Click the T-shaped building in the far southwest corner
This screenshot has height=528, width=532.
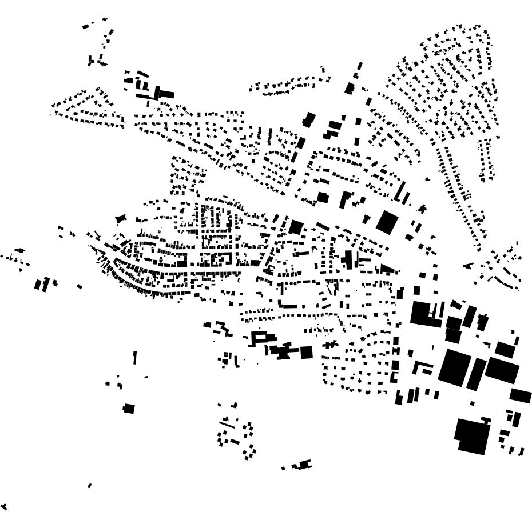5,506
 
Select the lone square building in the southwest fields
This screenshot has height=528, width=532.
129,409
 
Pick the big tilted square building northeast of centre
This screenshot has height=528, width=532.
387,222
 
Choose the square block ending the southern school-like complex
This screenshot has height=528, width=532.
307,353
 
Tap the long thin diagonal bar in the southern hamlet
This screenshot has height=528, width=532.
228,425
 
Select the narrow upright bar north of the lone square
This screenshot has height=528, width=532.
135,358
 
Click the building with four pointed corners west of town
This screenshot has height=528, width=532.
120,218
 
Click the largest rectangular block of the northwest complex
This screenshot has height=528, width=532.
165,94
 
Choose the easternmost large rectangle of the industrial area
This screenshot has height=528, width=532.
521,395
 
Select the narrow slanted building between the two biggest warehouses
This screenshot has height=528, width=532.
476,374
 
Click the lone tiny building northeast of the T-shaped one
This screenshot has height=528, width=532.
90,486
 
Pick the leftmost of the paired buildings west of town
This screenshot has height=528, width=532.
38,284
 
